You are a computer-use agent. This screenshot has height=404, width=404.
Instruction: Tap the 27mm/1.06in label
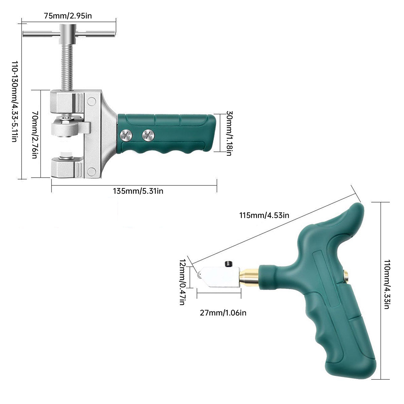click(x=223, y=313)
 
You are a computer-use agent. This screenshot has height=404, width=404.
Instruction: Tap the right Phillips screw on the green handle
click(x=148, y=135)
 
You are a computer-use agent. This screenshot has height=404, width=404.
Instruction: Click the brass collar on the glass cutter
click(x=249, y=275)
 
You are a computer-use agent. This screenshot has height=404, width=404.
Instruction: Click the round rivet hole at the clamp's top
click(x=91, y=101)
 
